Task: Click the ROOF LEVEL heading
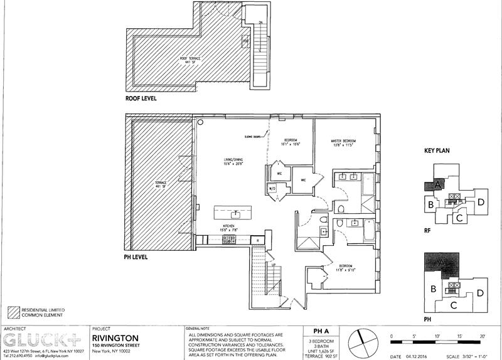[x=141, y=98]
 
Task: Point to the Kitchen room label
[x=227, y=227]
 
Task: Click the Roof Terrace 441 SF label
[x=188, y=60]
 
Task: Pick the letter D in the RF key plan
[x=480, y=202]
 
